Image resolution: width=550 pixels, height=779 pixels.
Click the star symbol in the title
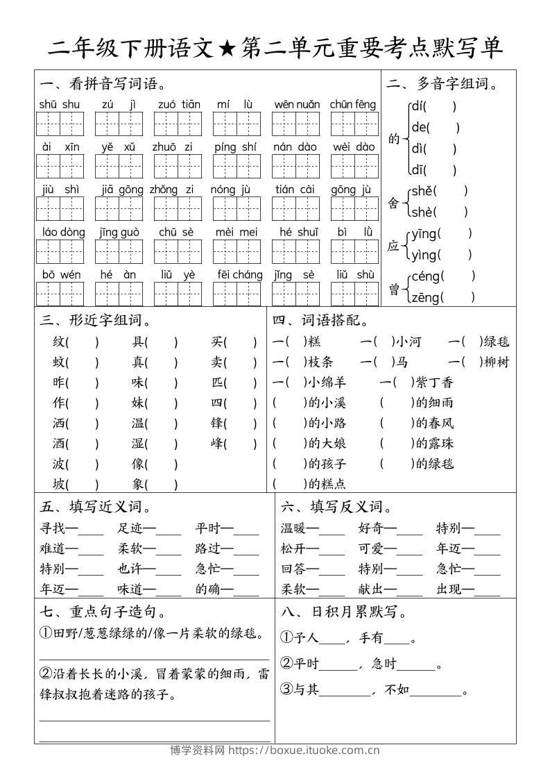226,48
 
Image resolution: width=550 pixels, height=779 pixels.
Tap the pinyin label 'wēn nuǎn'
297,105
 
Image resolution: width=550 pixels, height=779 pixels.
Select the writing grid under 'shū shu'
60,124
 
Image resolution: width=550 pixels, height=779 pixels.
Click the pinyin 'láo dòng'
63,232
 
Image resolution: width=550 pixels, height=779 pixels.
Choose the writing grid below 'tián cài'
295,208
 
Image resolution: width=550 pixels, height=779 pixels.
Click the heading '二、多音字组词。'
443,85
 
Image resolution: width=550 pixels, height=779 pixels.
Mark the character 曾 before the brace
394,288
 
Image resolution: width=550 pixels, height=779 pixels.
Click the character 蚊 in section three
59,362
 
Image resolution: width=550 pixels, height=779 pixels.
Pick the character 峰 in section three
217,443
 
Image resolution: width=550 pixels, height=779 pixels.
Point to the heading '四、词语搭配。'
320,321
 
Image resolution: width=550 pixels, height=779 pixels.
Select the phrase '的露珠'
434,443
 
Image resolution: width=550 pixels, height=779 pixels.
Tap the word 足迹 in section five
130,528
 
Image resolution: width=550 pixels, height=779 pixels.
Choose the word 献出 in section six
371,589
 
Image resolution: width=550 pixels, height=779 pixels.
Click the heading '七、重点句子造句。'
103,612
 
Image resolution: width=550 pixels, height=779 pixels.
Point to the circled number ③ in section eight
287,689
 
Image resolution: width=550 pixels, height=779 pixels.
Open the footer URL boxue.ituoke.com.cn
304,751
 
